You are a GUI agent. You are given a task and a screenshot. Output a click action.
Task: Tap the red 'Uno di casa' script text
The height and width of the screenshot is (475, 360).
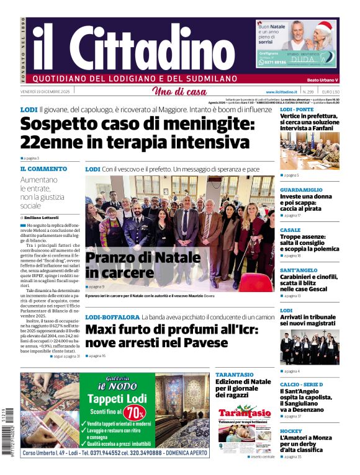179,92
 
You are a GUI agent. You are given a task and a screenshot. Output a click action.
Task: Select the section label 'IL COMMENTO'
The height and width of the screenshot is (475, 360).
43,169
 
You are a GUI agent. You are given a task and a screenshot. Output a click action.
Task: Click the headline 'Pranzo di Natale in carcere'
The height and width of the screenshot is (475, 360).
125,265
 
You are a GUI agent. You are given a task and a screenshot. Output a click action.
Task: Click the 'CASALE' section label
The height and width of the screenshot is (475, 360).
290,229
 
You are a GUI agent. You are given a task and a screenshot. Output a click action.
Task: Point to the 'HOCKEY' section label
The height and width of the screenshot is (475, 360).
291,430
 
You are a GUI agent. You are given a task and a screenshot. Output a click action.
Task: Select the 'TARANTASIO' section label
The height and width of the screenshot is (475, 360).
234,375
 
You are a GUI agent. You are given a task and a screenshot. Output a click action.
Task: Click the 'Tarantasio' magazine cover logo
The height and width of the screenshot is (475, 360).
245,413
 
